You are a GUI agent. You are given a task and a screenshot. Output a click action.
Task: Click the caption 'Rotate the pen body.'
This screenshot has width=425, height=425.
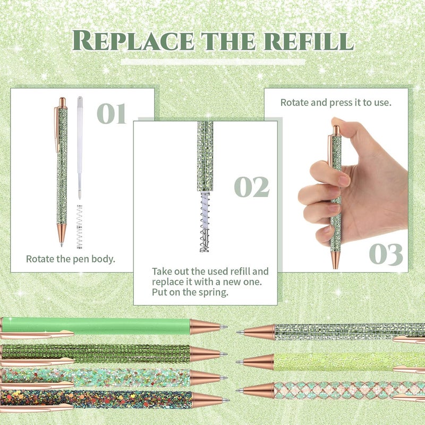[71, 259]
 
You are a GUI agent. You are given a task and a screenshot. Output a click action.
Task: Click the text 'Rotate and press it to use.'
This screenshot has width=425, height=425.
[336, 102]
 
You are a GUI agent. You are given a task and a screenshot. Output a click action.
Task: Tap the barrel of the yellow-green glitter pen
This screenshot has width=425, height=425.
[345, 361]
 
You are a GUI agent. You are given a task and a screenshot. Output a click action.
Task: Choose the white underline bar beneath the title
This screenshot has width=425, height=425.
[212, 62]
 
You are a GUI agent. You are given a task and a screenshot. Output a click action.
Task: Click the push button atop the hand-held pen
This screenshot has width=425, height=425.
[335, 129]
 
